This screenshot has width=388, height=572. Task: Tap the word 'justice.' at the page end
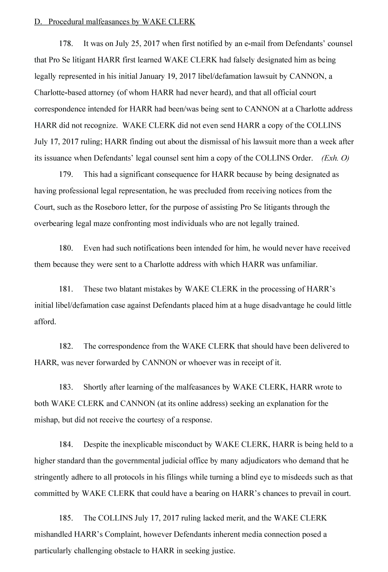click(221, 551)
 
